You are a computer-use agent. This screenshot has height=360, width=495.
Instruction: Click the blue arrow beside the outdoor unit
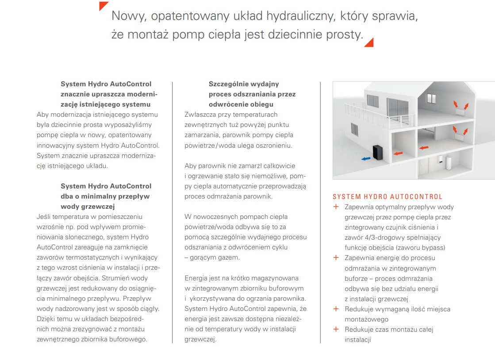coord(366,158)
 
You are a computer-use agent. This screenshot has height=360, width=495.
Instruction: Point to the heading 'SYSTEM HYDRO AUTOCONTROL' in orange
coord(388,197)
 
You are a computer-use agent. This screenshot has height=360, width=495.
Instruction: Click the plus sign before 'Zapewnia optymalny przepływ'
coord(336,207)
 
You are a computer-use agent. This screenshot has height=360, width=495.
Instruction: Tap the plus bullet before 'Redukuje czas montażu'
coord(336,329)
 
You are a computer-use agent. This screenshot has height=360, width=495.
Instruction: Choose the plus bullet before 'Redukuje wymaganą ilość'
coord(336,309)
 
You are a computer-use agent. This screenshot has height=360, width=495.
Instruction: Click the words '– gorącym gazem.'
coord(212,257)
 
